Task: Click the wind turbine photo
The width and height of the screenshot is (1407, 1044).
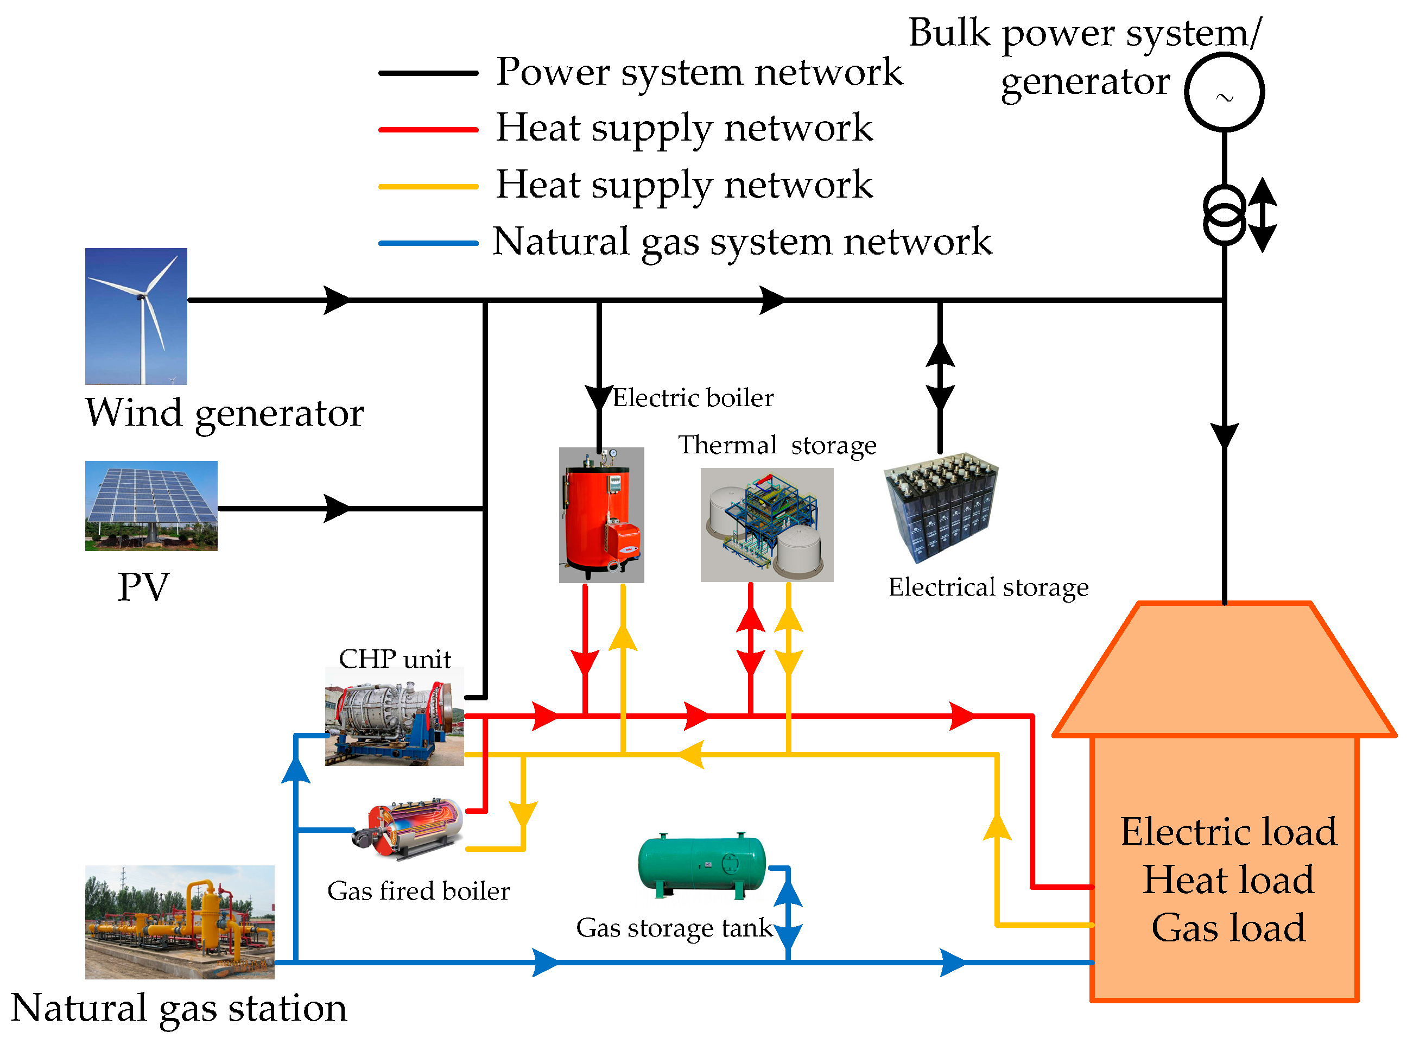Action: (x=136, y=316)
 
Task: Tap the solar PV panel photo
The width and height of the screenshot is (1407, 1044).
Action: (x=151, y=505)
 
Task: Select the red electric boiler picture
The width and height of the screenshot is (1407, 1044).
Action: (x=601, y=515)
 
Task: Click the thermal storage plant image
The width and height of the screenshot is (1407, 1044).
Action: (x=766, y=524)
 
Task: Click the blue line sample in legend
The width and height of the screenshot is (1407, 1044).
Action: (x=428, y=243)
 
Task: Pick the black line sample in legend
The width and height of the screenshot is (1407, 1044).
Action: (x=428, y=73)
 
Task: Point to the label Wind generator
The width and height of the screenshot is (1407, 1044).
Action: (x=224, y=413)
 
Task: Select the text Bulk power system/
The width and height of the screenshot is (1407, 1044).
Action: (x=1084, y=33)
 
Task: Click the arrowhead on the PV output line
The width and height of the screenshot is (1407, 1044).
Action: (x=336, y=508)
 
